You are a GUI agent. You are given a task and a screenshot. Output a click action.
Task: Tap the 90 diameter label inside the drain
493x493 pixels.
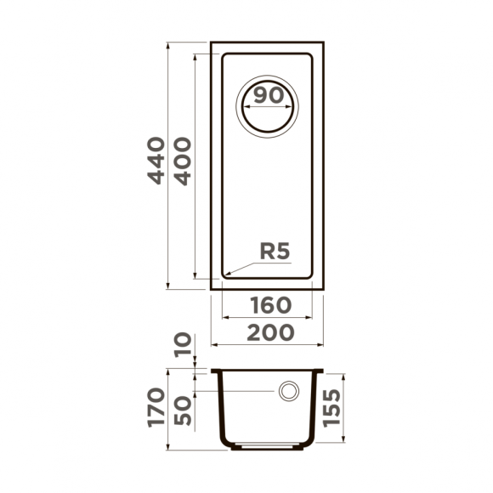(x=269, y=95)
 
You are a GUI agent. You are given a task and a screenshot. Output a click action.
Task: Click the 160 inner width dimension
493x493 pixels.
(x=271, y=304)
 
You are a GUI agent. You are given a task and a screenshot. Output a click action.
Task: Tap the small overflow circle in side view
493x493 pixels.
(x=289, y=391)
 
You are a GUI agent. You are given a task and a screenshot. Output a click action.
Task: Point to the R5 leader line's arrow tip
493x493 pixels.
(x=224, y=275)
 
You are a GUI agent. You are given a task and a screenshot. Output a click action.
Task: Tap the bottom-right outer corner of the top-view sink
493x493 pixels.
(x=324, y=290)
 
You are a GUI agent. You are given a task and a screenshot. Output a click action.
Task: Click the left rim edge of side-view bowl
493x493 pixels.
(x=212, y=371)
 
